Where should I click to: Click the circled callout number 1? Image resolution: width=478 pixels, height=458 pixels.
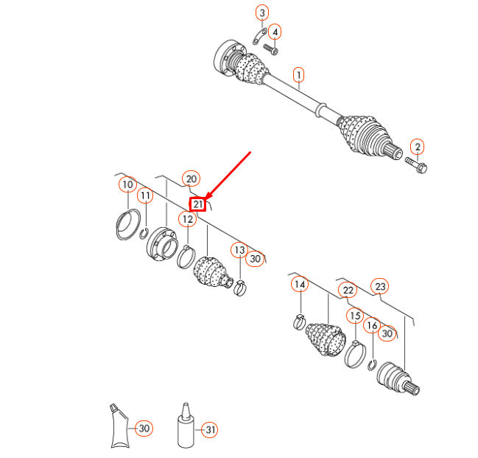point(299,75)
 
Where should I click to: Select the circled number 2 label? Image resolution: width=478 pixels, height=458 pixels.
point(418,147)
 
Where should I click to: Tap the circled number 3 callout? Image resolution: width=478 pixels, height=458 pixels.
point(262,13)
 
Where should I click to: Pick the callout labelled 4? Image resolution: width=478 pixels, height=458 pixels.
point(275,32)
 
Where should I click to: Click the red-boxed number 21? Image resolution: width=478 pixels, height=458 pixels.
point(198,204)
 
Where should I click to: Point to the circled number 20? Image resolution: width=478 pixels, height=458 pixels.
point(191,179)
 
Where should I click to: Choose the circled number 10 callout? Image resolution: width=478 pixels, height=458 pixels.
point(127,184)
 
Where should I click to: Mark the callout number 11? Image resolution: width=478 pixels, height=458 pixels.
point(145,195)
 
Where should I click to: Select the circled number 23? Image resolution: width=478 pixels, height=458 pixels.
point(380,286)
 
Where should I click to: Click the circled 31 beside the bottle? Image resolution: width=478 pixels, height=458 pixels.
point(210,429)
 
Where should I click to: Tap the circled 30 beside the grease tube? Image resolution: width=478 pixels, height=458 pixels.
point(144,428)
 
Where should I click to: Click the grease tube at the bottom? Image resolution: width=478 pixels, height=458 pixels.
point(119,426)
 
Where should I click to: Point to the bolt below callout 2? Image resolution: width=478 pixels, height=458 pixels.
point(416,165)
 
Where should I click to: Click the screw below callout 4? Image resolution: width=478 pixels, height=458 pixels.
point(271,49)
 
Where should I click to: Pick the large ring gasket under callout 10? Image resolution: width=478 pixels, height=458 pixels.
point(128,225)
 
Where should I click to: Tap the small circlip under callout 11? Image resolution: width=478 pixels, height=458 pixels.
point(144,234)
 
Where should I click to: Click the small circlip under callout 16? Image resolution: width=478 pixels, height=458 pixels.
point(372,365)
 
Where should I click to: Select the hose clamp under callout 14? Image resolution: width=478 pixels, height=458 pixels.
point(300,322)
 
